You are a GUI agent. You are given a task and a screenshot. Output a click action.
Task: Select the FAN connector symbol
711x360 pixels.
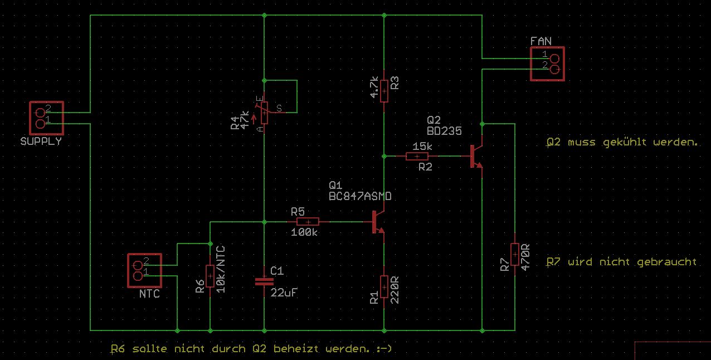[547, 64]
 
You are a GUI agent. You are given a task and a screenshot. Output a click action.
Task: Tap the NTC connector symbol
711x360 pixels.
[144, 270]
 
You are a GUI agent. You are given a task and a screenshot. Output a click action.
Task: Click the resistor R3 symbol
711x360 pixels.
[384, 89]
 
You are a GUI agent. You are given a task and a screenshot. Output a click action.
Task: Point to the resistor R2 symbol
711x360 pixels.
[417, 156]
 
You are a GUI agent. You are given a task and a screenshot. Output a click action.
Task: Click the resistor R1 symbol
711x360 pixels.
[384, 286]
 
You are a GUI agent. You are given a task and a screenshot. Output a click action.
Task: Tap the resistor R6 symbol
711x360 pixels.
[210, 276]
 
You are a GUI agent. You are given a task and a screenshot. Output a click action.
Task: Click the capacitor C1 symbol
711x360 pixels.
[264, 281]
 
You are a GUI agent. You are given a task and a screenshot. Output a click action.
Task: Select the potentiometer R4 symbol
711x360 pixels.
[264, 113]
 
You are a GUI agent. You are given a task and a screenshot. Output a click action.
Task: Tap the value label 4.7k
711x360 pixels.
[374, 87]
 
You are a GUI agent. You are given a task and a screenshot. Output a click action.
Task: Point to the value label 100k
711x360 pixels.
[304, 232]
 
